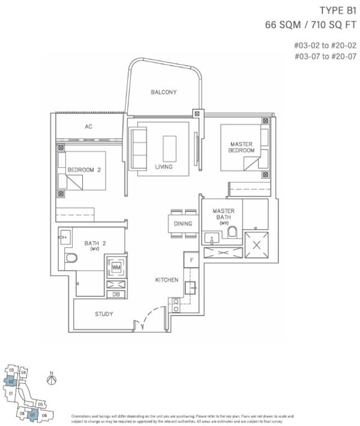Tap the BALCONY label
(163, 92)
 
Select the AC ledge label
(88, 127)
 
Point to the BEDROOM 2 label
(84, 170)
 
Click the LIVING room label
(163, 167)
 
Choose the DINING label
(183, 224)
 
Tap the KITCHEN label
(166, 280)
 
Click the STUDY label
(104, 314)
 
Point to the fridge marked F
(190, 260)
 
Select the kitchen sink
(193, 287)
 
